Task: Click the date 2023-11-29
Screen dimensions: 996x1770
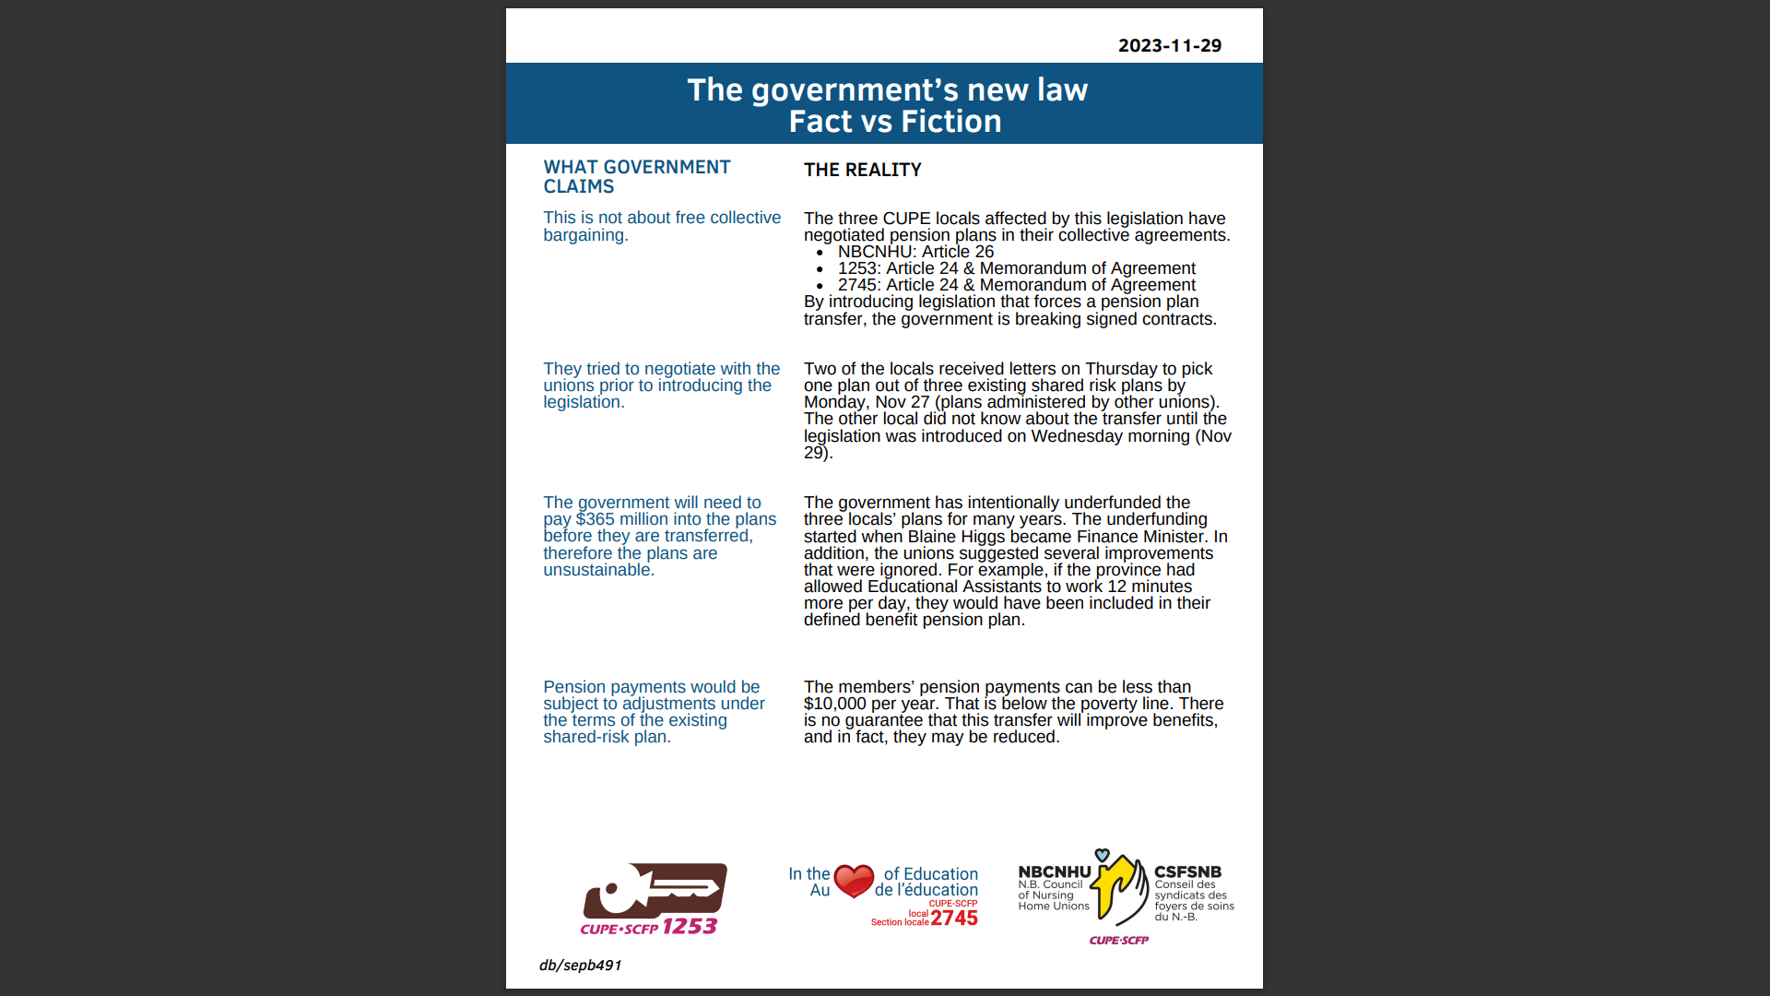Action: point(1169,46)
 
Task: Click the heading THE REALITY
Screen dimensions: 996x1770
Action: point(862,170)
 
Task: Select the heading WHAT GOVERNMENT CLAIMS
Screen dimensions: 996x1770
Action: point(636,176)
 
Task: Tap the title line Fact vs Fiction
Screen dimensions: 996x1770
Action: point(894,122)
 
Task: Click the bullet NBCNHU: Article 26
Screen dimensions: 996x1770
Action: point(914,252)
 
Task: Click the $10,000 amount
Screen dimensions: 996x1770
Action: point(835,704)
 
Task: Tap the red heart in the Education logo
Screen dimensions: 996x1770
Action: point(854,880)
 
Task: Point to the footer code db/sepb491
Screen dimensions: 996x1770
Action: point(581,966)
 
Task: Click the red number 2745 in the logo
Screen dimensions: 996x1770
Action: point(954,919)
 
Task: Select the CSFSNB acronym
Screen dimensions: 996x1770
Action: point(1187,871)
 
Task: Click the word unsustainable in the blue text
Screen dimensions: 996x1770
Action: point(598,570)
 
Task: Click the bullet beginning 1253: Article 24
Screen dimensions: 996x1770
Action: point(1016,268)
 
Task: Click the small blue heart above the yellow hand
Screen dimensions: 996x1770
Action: point(1102,855)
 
